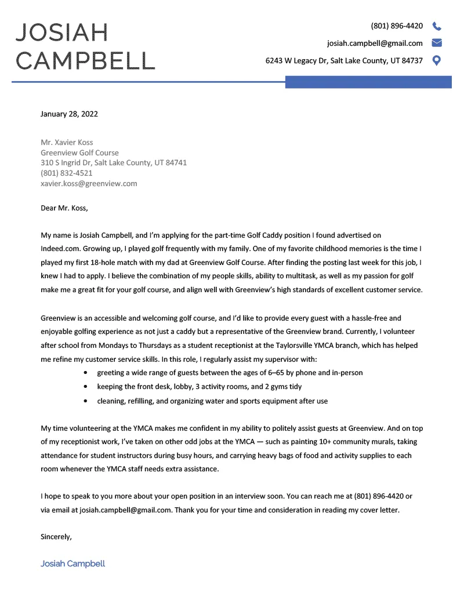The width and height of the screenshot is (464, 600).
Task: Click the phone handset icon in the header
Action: pyautogui.click(x=437, y=26)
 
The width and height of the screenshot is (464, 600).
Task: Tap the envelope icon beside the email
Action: pyautogui.click(x=437, y=43)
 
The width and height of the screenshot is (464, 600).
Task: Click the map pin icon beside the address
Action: pyautogui.click(x=437, y=60)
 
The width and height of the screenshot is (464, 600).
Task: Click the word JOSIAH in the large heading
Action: pyautogui.click(x=62, y=32)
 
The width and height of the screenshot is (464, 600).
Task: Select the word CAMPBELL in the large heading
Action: pyautogui.click(x=86, y=60)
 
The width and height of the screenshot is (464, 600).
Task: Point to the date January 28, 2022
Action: pyautogui.click(x=69, y=114)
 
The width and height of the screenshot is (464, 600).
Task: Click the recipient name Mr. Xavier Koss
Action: pyautogui.click(x=67, y=143)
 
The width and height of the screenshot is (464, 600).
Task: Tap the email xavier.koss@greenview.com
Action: pyautogui.click(x=89, y=184)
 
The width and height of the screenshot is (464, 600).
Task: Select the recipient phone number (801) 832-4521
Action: pyautogui.click(x=67, y=173)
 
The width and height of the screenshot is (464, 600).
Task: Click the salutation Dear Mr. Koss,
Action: pyautogui.click(x=64, y=208)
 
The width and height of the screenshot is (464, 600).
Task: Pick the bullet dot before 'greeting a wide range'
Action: pyautogui.click(x=86, y=373)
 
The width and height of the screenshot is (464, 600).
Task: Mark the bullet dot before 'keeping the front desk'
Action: pyautogui.click(x=86, y=387)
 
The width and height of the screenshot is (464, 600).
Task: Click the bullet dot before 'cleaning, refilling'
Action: pyautogui.click(x=86, y=401)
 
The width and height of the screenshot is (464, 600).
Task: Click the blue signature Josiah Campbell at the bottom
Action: pyautogui.click(x=72, y=563)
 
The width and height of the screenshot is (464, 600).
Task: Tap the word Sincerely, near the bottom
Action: pyautogui.click(x=56, y=537)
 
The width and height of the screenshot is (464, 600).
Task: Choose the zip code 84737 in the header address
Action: pyautogui.click(x=412, y=60)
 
